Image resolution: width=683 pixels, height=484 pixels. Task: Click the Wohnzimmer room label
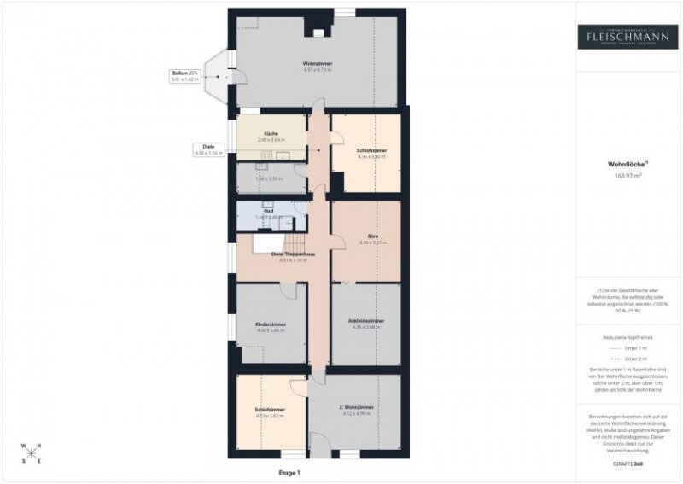[x=316, y=64]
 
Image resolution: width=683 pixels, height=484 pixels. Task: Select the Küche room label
[x=271, y=134]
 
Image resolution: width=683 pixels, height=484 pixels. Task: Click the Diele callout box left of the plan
[x=208, y=149]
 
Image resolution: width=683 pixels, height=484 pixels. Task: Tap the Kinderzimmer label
[x=271, y=325]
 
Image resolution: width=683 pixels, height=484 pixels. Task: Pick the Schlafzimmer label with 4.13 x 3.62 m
[x=270, y=410]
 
